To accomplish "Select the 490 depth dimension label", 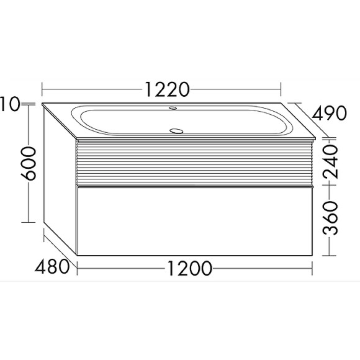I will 328,114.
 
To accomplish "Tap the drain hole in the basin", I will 177,131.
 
